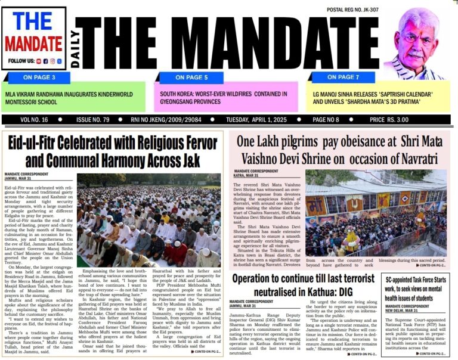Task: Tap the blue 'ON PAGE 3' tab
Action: coord(39,77)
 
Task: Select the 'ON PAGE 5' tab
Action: coord(189,77)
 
